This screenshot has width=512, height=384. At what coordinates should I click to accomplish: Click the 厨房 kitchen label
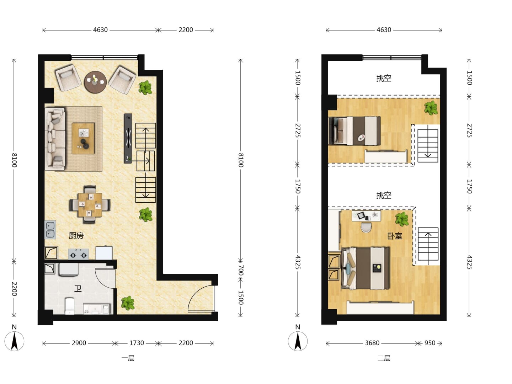[76, 235]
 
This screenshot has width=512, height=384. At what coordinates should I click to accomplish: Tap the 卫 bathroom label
[78, 289]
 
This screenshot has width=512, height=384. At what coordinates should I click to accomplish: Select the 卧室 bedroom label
[395, 236]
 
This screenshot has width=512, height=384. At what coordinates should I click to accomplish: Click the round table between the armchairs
[95, 82]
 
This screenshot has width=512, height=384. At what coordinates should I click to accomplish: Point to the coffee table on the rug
[83, 138]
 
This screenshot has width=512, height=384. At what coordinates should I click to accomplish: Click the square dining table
[90, 205]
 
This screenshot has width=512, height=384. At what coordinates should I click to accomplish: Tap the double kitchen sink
[50, 230]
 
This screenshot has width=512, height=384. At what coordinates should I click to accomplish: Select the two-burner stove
[78, 254]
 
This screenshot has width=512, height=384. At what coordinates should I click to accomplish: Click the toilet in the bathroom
[69, 306]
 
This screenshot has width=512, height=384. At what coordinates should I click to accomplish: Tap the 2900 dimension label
[79, 343]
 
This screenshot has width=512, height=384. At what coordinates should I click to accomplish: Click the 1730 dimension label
[137, 343]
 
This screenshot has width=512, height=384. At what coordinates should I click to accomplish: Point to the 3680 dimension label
[372, 343]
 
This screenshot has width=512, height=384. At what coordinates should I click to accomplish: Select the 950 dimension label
[430, 343]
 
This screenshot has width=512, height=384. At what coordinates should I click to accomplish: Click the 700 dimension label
[241, 270]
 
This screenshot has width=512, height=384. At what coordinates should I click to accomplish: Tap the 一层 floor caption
[128, 358]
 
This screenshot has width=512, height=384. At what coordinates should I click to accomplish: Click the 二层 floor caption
[384, 358]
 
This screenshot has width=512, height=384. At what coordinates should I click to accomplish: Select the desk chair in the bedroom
[366, 228]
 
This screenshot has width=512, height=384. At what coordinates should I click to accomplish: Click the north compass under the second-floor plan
[298, 341]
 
